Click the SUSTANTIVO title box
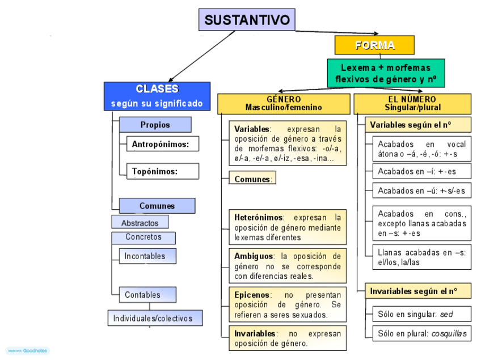click(247, 20)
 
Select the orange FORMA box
click(374, 45)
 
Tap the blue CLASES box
click(157, 96)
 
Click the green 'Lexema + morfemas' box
click(386, 73)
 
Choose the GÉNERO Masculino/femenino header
click(284, 103)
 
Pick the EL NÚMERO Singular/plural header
click(412, 103)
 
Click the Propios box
click(155, 125)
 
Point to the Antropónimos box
click(162, 144)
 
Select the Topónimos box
click(162, 171)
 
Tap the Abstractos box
click(140, 223)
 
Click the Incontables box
click(147, 256)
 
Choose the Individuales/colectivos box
click(155, 318)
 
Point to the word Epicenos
click(252, 295)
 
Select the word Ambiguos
click(254, 256)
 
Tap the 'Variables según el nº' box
click(418, 125)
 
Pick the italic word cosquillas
click(449, 333)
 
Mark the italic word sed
click(446, 314)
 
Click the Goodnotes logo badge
click(28, 351)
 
